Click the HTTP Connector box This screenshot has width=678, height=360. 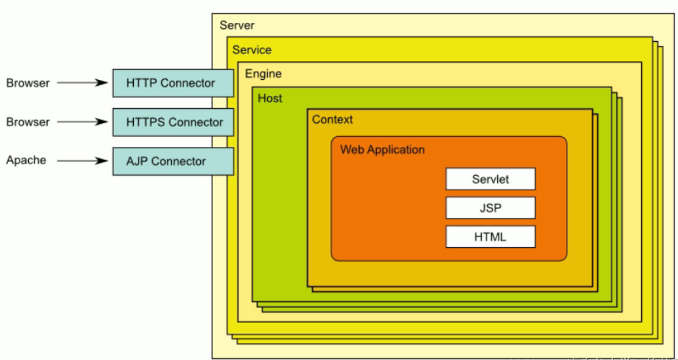tap(173, 83)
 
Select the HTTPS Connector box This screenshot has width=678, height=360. tap(173, 122)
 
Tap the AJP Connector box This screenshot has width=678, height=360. tap(173, 161)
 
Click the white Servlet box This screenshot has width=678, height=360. tap(490, 179)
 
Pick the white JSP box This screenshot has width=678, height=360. tap(490, 208)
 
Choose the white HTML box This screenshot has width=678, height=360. tap(490, 237)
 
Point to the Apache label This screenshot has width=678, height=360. tap(26, 160)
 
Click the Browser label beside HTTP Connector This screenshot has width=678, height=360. tap(28, 83)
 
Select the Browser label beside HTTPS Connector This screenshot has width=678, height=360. tap(28, 122)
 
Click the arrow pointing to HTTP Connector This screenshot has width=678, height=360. tap(83, 83)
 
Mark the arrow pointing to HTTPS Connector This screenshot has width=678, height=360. tap(83, 122)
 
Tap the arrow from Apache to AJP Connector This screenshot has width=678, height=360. tap(83, 160)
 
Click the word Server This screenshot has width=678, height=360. tap(237, 25)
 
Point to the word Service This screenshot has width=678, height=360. tap(252, 50)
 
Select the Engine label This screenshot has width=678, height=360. tap(263, 74)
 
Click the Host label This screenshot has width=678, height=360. tap(270, 98)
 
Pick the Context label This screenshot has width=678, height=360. tap(332, 120)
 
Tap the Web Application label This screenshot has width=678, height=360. tap(382, 150)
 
